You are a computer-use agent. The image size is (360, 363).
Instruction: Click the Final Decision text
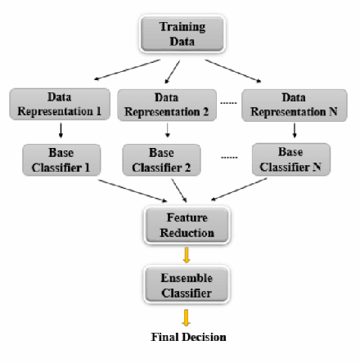click(x=188, y=336)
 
